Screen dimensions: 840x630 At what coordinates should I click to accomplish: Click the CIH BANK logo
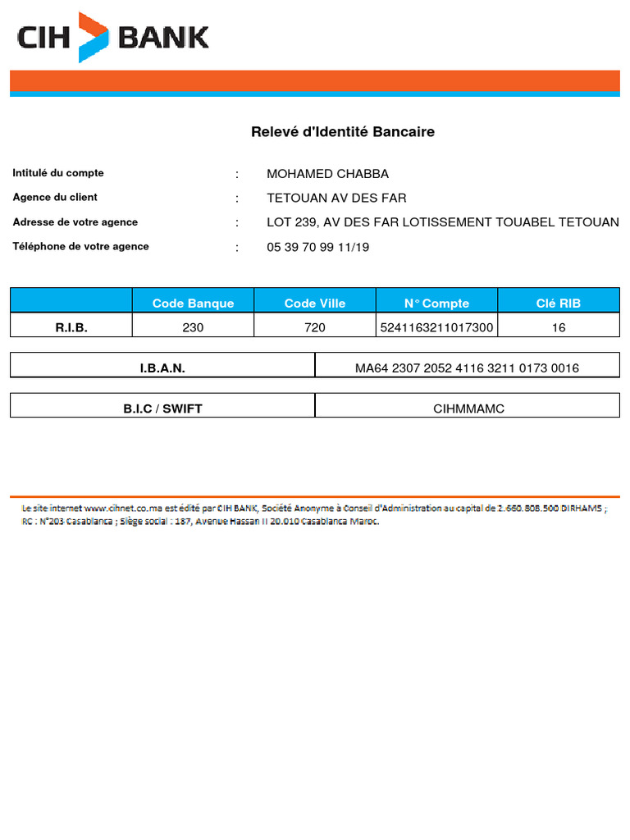(112, 37)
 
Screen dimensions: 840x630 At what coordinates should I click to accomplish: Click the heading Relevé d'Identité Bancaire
(342, 132)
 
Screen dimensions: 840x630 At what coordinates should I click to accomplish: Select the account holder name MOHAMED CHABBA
(327, 174)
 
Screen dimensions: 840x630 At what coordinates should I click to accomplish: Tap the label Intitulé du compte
(58, 173)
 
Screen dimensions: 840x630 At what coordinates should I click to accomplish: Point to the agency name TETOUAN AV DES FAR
(336, 198)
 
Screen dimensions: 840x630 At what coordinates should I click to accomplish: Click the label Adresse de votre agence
(75, 222)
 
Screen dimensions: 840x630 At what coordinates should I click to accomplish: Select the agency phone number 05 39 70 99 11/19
(317, 247)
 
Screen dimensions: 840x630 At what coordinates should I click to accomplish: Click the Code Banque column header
(193, 304)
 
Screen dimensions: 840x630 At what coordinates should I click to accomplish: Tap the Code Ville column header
(315, 304)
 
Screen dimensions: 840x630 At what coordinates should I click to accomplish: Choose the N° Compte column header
(436, 304)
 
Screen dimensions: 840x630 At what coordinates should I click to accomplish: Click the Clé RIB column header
(558, 304)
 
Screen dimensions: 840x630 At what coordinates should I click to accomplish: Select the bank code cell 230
(193, 327)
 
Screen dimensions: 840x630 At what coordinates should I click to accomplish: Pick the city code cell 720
(315, 327)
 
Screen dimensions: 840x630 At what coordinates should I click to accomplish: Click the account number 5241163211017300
(436, 327)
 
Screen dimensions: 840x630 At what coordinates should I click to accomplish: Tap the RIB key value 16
(559, 327)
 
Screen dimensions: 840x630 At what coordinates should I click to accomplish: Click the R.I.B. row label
(71, 327)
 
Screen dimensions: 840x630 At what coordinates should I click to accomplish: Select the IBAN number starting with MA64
(467, 368)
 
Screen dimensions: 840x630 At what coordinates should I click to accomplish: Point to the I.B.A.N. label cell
(162, 368)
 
